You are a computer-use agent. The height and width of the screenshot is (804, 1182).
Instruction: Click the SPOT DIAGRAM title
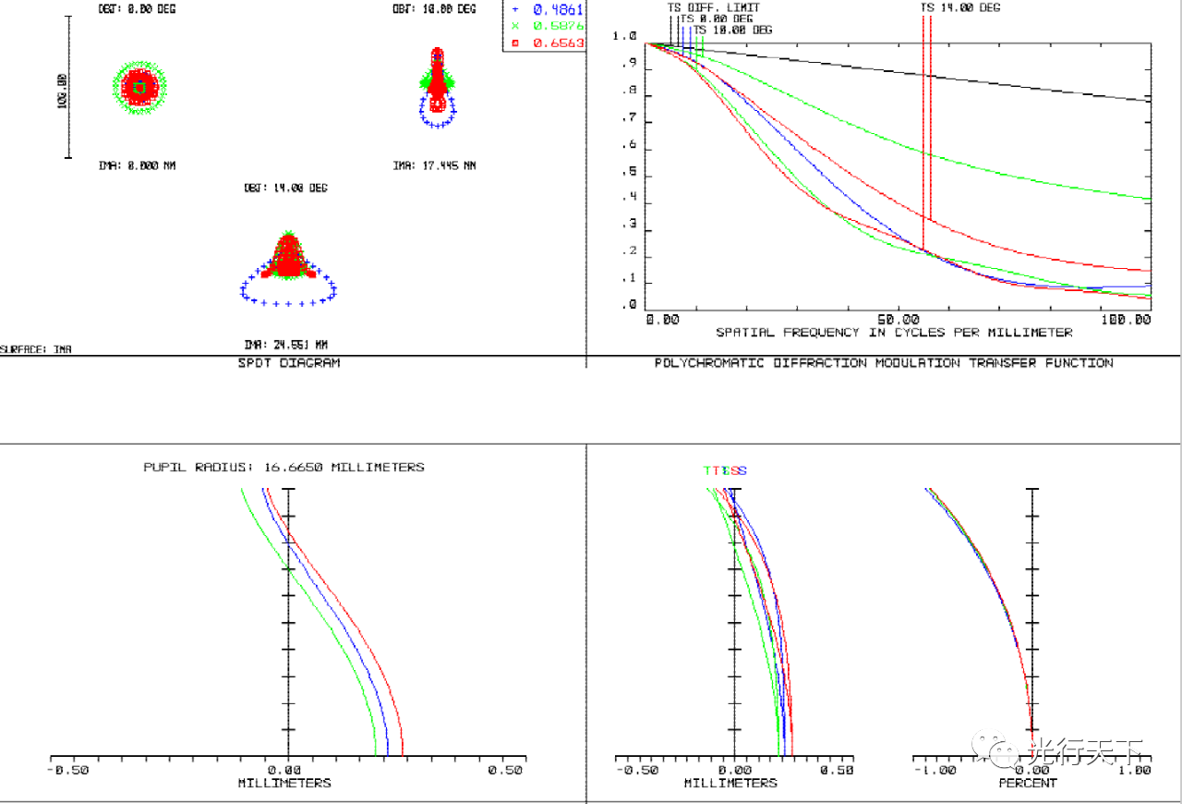(x=289, y=363)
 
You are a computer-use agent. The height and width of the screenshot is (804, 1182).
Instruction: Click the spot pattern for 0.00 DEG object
(x=138, y=87)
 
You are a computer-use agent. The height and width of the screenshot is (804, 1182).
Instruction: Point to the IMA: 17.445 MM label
(x=434, y=166)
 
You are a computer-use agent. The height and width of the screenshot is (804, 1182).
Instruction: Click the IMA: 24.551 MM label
(x=285, y=345)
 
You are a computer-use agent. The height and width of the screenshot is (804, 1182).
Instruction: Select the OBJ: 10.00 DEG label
(x=434, y=9)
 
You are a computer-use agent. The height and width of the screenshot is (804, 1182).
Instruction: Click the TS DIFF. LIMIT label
(x=714, y=7)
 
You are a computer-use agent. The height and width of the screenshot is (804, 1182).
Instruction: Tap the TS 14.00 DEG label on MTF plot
(x=960, y=7)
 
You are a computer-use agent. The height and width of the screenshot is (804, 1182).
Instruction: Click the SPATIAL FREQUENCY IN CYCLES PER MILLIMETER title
(x=894, y=333)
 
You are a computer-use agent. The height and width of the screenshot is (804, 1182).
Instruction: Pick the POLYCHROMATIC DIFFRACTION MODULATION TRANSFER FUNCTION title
(x=884, y=363)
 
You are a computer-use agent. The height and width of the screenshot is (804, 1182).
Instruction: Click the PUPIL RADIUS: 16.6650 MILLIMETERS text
(x=284, y=468)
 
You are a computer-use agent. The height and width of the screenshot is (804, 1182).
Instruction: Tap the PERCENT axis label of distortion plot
(x=1027, y=783)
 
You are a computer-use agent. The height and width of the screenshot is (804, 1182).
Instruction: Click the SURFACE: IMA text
(x=36, y=349)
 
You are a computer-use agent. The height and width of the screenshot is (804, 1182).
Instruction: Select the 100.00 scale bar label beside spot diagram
(x=63, y=91)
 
